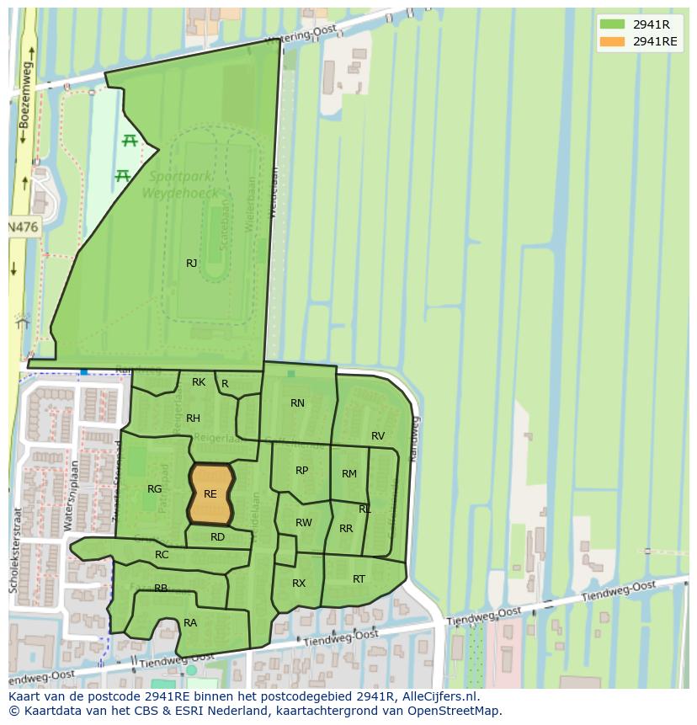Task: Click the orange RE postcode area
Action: (x=210, y=494)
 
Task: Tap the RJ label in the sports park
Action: (x=192, y=264)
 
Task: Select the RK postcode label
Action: (x=199, y=382)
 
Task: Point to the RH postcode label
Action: (x=193, y=418)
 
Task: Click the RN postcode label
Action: (x=297, y=403)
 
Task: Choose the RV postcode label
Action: (x=378, y=436)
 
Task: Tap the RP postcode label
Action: (x=301, y=471)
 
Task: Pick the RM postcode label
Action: (x=349, y=474)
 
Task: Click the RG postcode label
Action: (x=154, y=489)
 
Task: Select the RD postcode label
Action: (x=217, y=537)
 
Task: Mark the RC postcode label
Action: (x=162, y=555)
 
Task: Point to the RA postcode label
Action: (x=190, y=623)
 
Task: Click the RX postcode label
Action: (x=299, y=584)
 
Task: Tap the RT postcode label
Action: (x=359, y=579)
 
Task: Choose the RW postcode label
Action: (x=304, y=523)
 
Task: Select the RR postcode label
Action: (x=346, y=529)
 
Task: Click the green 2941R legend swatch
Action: (x=612, y=24)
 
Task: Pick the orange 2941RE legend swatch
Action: (x=612, y=41)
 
